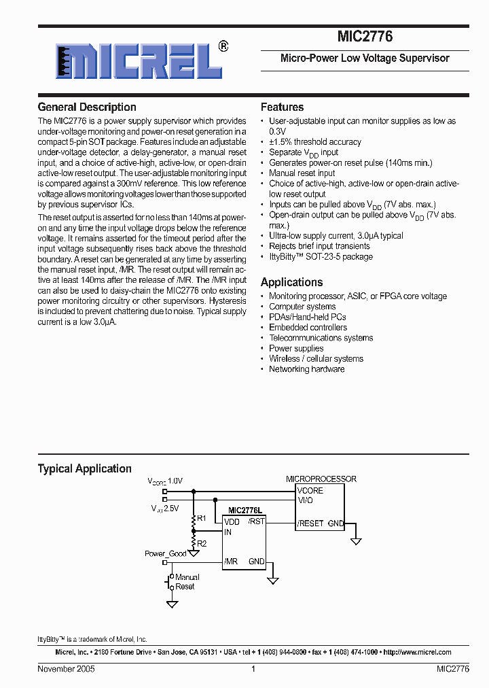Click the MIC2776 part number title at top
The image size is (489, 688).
point(365,37)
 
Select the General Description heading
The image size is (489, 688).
point(87,107)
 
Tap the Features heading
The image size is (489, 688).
point(282,107)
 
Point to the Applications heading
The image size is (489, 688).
point(291,282)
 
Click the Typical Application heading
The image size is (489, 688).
point(84,468)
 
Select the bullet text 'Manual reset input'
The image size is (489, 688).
point(302,173)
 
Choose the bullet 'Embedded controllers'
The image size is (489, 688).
point(308,328)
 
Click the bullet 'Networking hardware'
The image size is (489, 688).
point(306,369)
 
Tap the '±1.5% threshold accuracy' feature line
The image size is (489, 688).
point(315,142)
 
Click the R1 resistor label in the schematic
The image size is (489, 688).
point(202,519)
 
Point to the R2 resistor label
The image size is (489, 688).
point(202,543)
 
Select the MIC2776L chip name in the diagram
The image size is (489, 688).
point(247,511)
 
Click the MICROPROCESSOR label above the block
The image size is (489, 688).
point(321,479)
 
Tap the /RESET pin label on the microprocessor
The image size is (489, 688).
point(310,523)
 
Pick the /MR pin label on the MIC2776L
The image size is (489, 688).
point(231,562)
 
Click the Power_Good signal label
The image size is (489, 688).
point(166,554)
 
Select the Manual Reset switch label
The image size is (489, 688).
point(186,582)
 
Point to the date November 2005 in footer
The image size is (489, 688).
point(66,669)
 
